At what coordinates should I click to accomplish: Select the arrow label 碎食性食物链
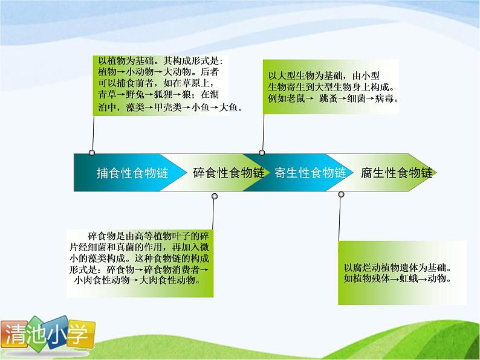coord(229,173)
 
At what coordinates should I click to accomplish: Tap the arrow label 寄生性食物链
coord(310,173)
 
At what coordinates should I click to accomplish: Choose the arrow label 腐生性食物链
coord(397,173)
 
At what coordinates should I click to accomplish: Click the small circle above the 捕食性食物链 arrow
coord(92,153)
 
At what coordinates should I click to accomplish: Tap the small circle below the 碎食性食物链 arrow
coord(215,196)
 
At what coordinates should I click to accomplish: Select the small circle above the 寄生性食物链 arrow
coord(262,153)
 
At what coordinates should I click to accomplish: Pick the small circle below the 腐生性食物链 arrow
coord(341,194)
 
